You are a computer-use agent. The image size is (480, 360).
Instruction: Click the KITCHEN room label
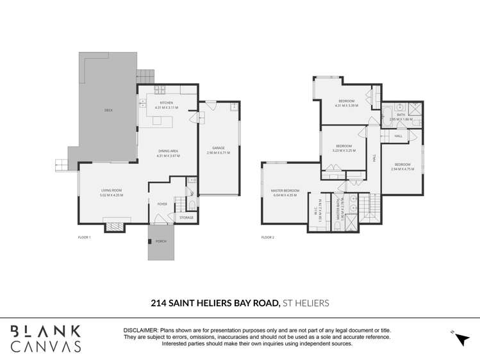167,102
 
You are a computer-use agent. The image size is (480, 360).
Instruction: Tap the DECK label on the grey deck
108,110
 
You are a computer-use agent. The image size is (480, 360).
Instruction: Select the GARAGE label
218,149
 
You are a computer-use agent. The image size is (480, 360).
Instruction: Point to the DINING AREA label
169,151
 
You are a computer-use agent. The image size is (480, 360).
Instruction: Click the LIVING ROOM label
112,190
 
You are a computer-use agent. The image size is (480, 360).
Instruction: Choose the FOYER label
162,204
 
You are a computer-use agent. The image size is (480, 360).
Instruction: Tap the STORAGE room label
186,218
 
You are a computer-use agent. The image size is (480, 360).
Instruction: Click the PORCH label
161,241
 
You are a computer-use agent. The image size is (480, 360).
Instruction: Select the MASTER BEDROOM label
285,190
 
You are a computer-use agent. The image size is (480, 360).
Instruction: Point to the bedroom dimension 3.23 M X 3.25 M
344,150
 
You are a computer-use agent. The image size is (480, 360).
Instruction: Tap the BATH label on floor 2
401,115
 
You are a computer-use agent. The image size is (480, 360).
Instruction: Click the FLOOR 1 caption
85,238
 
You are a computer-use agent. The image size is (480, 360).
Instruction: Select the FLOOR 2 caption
268,238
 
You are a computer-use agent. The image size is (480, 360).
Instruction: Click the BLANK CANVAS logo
45,338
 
